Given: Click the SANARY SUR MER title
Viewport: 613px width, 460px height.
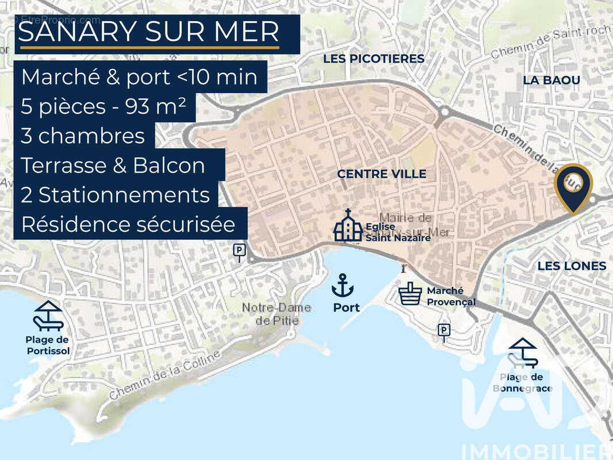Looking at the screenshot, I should click(149, 32).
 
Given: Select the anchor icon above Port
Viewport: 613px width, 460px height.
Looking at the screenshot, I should click(343, 285).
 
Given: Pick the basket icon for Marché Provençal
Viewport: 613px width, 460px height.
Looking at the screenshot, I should click(410, 294).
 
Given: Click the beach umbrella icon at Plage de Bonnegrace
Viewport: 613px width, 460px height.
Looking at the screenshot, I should click(523, 352).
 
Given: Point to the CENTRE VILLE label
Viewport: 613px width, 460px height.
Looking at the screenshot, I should click(381, 174).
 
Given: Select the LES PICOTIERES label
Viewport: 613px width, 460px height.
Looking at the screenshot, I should click(373, 59).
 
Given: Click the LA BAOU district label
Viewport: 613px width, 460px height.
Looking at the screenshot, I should click(551, 80).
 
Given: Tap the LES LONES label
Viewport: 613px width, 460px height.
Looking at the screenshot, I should click(571, 266).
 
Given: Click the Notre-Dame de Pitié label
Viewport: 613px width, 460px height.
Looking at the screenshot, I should click(276, 314).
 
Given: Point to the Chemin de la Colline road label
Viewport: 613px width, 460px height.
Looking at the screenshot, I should click(164, 375).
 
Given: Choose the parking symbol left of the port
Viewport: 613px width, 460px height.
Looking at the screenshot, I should click(239, 250).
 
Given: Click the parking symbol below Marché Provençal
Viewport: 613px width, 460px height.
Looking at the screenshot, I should click(443, 330).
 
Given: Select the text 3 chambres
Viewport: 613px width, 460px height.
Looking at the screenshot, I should click(83, 136).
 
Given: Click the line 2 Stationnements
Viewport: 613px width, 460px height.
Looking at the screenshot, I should click(115, 195).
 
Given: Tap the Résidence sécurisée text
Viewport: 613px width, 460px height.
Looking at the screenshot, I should click(128, 224).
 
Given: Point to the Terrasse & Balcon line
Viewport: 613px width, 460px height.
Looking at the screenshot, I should click(113, 165).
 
